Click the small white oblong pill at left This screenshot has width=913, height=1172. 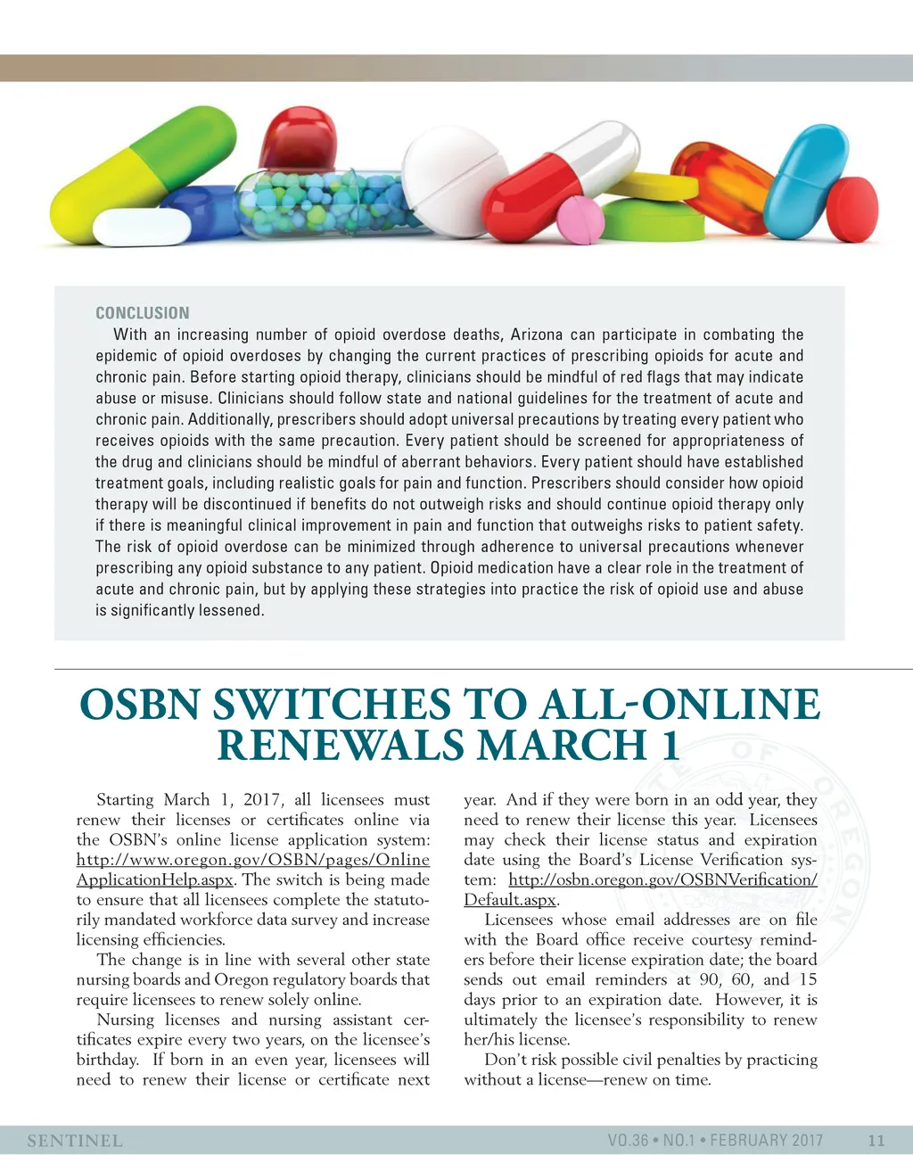143,227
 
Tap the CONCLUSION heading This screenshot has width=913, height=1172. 143,313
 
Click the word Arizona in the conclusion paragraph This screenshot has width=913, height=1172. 537,334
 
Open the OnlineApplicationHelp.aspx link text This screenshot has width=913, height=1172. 154,879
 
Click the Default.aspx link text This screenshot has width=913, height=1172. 510,900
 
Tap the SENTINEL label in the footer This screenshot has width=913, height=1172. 75,1141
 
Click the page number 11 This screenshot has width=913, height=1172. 876,1141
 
